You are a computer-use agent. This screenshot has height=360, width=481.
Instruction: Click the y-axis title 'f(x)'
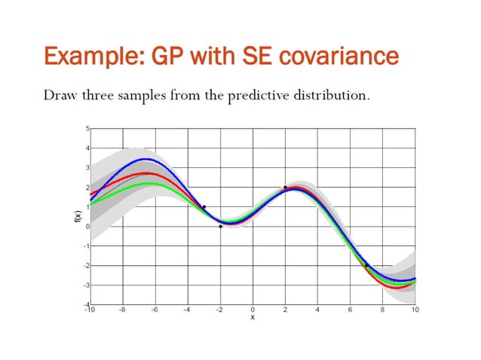click(77, 217)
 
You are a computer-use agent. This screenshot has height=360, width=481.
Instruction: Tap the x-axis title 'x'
click(253, 316)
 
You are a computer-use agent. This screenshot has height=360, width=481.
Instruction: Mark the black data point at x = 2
click(285, 188)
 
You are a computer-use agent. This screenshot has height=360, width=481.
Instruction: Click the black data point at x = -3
click(204, 207)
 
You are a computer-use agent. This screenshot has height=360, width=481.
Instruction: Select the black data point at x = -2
click(220, 226)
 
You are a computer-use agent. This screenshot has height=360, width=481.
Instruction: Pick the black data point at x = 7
click(366, 265)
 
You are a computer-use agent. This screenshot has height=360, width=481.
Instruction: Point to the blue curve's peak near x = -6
click(145, 159)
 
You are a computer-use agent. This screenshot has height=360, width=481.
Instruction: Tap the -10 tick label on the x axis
click(90, 310)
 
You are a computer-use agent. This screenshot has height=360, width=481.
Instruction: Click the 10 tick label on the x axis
click(415, 310)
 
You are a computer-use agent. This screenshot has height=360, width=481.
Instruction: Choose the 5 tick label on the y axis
click(87, 129)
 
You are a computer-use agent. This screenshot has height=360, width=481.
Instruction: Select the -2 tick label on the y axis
click(85, 266)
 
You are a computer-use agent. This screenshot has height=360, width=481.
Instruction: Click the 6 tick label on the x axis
click(350, 310)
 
